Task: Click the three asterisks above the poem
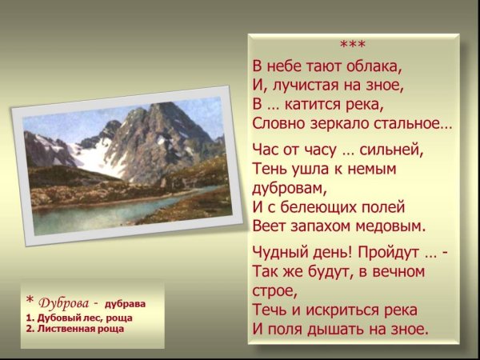tap(353, 44)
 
